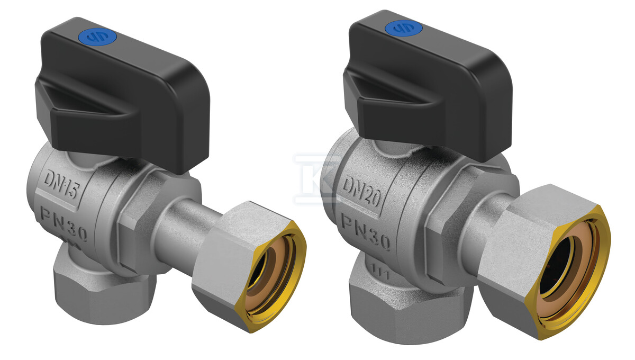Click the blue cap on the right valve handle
[404, 29]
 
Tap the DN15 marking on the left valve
[61, 184]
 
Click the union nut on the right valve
[545, 261]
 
